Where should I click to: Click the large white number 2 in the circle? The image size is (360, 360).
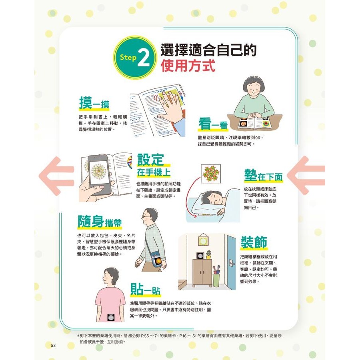pos(144,58)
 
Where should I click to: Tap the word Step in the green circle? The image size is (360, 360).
pos(128,57)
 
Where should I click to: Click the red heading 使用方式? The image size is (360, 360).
pos(188,66)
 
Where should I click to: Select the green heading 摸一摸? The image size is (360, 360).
pos(94,103)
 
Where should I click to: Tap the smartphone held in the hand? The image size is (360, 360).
pos(99,174)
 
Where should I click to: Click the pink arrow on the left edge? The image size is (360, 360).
pos(56,176)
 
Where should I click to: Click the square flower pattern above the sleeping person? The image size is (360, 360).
pos(211,174)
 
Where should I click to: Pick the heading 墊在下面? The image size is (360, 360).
pos(263,176)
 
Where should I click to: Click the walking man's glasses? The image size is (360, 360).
pos(146,216)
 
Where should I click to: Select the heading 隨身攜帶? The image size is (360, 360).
pos(100,222)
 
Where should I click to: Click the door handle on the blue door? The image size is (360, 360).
pos(232,262)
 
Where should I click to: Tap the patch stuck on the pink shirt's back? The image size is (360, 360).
pos(111,318)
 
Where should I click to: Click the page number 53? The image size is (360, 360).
pos(53,345)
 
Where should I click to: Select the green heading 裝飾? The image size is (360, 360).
pos(254,242)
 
